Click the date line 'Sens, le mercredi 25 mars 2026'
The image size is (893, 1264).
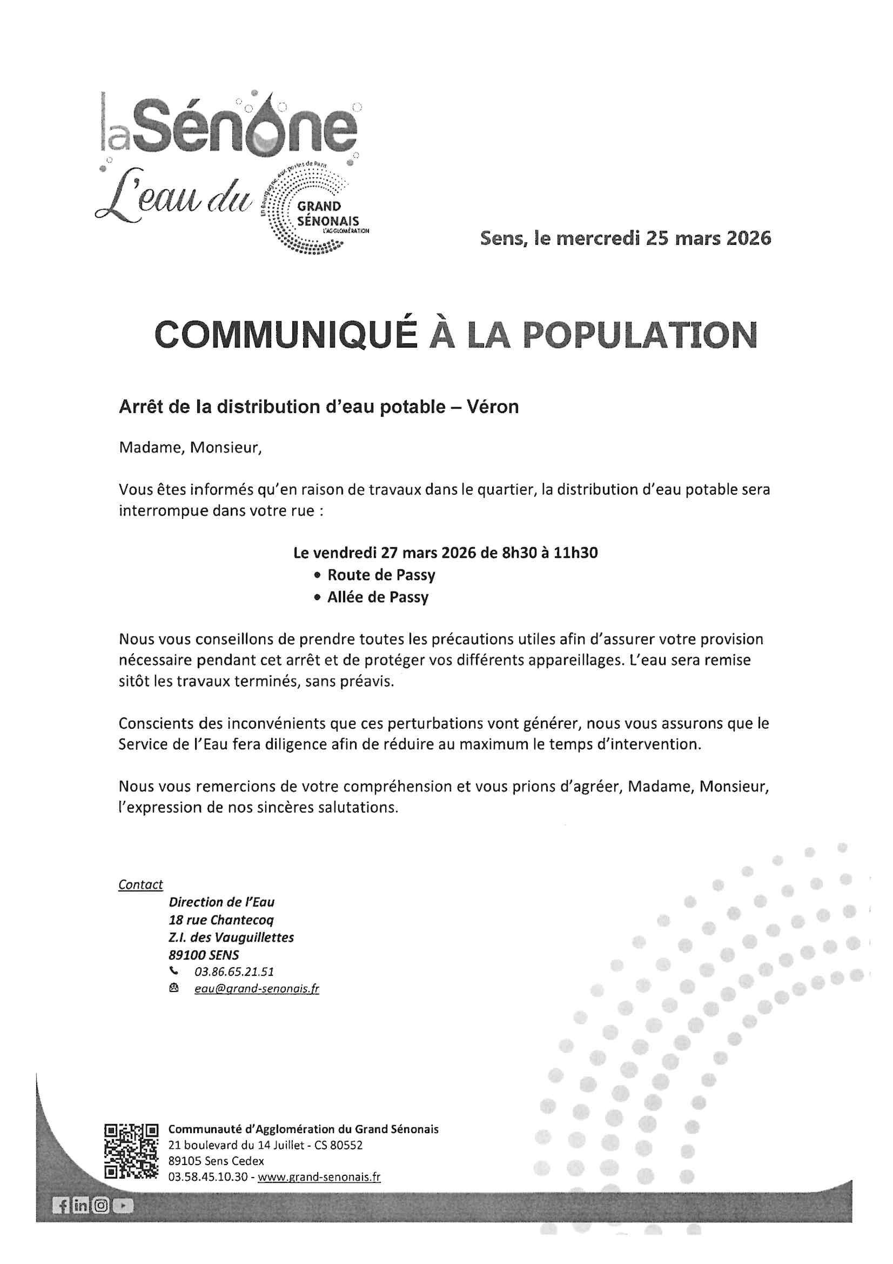pos(626,238)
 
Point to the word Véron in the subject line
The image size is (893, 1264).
pos(494,407)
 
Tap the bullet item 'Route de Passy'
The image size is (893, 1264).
pos(381,575)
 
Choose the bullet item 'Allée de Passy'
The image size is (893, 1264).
pos(378,597)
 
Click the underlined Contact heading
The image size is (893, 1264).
pos(141,884)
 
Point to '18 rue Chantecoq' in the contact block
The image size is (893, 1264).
pos(221,920)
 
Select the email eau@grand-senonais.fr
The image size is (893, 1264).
pos(257,989)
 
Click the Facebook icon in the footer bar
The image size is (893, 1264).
pos(62,1206)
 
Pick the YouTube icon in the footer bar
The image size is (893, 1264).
pos(123,1206)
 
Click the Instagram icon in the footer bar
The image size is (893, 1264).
pos(101,1206)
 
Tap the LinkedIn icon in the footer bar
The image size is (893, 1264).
pos(82,1206)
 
